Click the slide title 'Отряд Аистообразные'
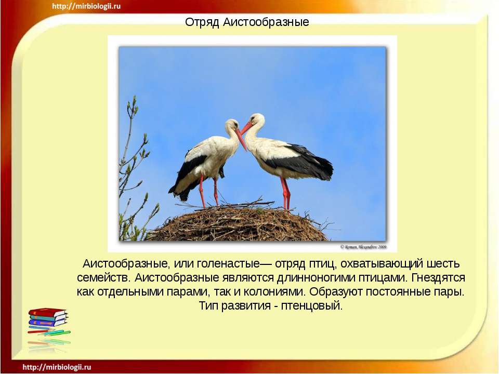pos(247,22)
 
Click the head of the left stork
pos(232,126)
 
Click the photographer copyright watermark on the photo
pos(364,246)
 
